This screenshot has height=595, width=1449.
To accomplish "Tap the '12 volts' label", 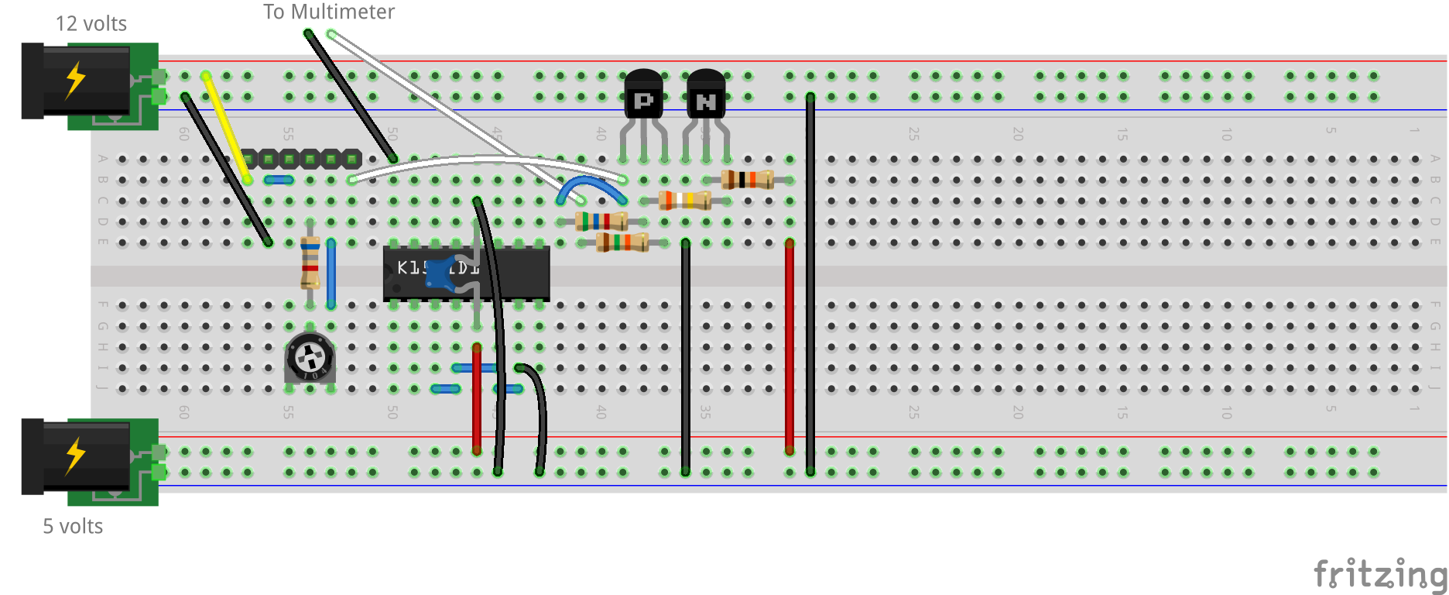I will (91, 24).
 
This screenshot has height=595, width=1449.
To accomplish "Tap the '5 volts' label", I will (73, 527).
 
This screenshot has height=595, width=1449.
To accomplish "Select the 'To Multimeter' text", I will (328, 12).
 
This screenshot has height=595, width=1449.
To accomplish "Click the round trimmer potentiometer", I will (310, 359).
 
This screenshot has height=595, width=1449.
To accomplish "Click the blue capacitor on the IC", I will (440, 273).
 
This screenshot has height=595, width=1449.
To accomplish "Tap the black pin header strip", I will (300, 159).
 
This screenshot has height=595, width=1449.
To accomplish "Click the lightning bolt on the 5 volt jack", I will (75, 456).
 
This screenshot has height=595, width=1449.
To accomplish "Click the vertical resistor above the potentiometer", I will (310, 261).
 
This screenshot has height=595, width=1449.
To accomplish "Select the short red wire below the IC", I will (476, 399).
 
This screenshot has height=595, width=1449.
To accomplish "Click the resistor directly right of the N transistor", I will (747, 180).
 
